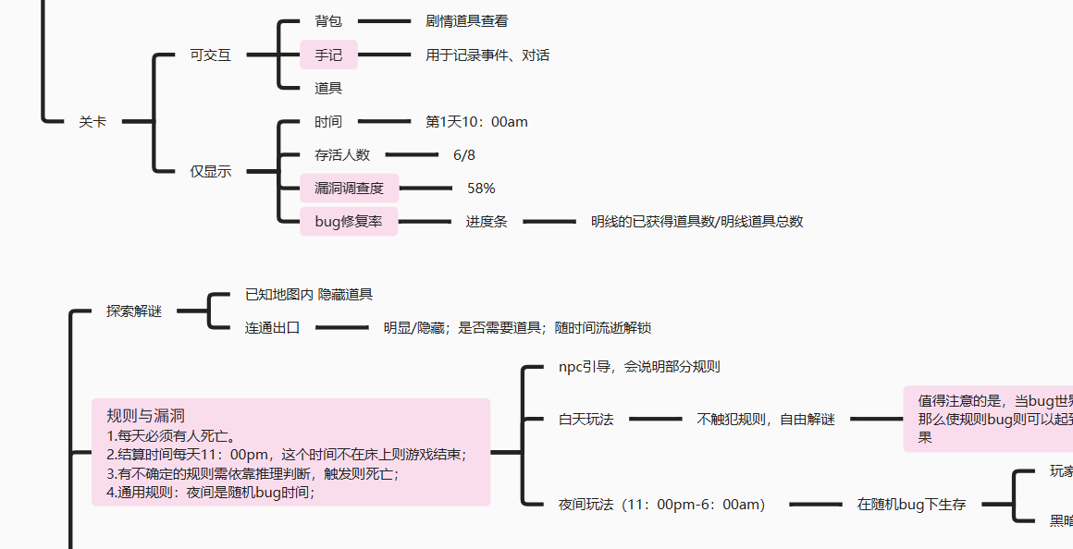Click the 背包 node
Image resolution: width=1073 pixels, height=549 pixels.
pyautogui.click(x=328, y=21)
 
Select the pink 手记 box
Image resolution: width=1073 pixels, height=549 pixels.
pyautogui.click(x=328, y=55)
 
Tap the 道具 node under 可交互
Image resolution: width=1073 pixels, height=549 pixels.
pyautogui.click(x=328, y=89)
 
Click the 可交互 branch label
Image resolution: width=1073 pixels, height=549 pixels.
pyautogui.click(x=210, y=55)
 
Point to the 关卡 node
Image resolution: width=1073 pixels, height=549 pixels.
pyautogui.click(x=92, y=122)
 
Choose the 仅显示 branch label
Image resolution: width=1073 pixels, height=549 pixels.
pyautogui.click(x=210, y=171)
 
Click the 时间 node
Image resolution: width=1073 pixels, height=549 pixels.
pyautogui.click(x=328, y=122)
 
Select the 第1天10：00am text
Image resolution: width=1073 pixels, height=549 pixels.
pyautogui.click(x=476, y=122)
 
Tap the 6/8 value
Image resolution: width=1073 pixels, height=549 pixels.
pyautogui.click(x=464, y=155)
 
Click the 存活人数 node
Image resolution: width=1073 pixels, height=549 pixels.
pyautogui.click(x=342, y=155)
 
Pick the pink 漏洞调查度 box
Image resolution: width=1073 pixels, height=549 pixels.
pyautogui.click(x=350, y=189)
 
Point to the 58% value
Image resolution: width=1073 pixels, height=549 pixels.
pyautogui.click(x=481, y=189)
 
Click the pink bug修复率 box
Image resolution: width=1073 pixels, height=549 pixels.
pyautogui.click(x=349, y=222)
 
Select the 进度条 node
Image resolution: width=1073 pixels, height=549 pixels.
pyautogui.click(x=486, y=222)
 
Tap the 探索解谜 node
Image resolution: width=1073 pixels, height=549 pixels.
pyautogui.click(x=134, y=311)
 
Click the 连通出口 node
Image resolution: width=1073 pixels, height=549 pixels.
pyautogui.click(x=273, y=328)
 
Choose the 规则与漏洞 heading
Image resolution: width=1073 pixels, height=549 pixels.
pyautogui.click(x=146, y=416)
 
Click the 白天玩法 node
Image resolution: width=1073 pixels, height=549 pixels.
pyautogui.click(x=586, y=420)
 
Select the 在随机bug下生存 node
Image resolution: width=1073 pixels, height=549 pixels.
pyautogui.click(x=911, y=505)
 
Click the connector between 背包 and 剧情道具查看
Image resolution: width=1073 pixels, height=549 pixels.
pyautogui.click(x=384, y=21)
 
